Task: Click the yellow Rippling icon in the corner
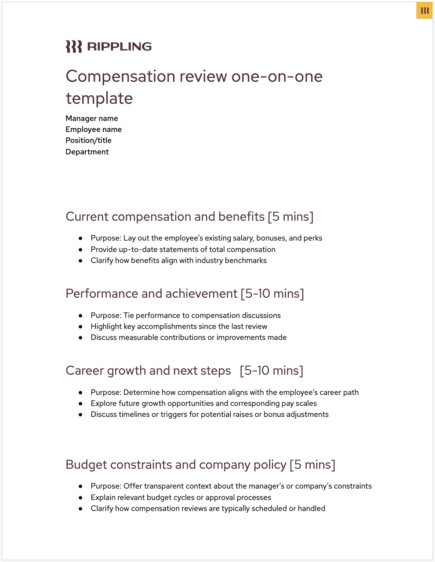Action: tap(424, 11)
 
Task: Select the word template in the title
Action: tap(99, 99)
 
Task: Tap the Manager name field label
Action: tap(92, 118)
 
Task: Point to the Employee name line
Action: tap(94, 129)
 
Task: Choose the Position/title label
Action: tap(88, 140)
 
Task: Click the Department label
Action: tap(87, 152)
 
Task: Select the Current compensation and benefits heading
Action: tap(165, 217)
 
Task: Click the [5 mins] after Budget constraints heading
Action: tap(312, 465)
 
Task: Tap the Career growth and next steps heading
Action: tap(148, 371)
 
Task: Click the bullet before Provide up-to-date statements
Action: tap(80, 249)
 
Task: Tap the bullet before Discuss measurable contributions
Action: tap(80, 337)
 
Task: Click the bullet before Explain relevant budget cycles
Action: tap(80, 497)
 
